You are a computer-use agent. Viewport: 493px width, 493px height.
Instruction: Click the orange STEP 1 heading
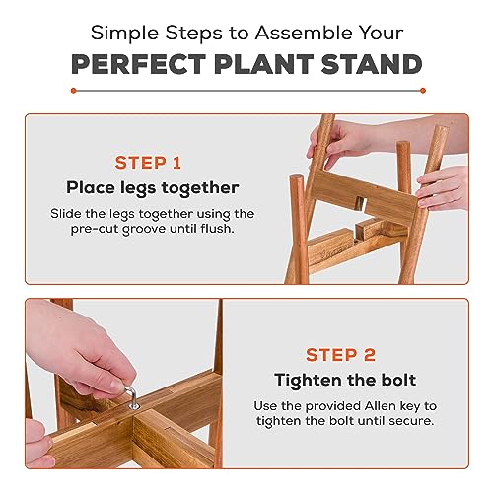148,163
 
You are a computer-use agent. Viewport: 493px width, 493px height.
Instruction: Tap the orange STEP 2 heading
340,355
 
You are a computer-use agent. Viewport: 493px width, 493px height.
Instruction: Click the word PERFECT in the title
138,64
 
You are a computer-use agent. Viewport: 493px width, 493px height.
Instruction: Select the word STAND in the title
372,64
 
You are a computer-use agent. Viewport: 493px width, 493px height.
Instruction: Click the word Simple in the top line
124,34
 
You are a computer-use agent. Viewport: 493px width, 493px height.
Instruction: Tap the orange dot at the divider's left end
73,91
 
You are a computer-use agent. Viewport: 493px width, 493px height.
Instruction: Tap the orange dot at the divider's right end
423,91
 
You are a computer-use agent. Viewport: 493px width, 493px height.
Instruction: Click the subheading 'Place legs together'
153,188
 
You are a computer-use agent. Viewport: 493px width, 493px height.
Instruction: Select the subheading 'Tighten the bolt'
345,381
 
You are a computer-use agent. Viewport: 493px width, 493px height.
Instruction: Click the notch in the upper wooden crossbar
360,204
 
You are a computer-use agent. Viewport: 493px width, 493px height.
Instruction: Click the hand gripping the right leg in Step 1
443,187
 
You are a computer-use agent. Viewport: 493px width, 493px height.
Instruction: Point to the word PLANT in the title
263,64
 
